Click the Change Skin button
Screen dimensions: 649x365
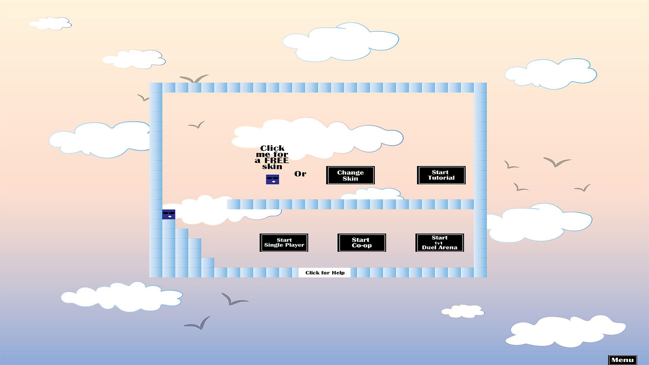pos(350,175)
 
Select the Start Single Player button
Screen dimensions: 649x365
pos(284,243)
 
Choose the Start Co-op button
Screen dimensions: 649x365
pos(362,243)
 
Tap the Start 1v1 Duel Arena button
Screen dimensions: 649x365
pos(440,243)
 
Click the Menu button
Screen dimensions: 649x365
pos(623,360)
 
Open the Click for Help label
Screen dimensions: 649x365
pos(325,273)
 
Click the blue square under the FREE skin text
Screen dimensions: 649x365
pos(272,179)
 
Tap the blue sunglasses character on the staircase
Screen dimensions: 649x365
pos(169,214)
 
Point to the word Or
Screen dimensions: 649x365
pos(300,174)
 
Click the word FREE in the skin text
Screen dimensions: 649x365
pos(277,160)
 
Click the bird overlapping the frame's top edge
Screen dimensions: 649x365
pos(194,79)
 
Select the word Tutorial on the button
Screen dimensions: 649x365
pos(441,178)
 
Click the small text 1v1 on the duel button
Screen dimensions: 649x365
pos(438,243)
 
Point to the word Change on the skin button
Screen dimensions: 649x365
pos(350,172)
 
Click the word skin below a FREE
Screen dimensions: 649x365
pos(272,166)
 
